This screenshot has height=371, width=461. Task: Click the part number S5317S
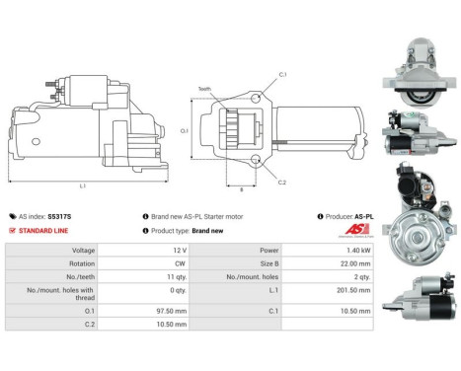click(x=60, y=216)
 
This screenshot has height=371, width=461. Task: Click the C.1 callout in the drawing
click(x=282, y=76)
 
